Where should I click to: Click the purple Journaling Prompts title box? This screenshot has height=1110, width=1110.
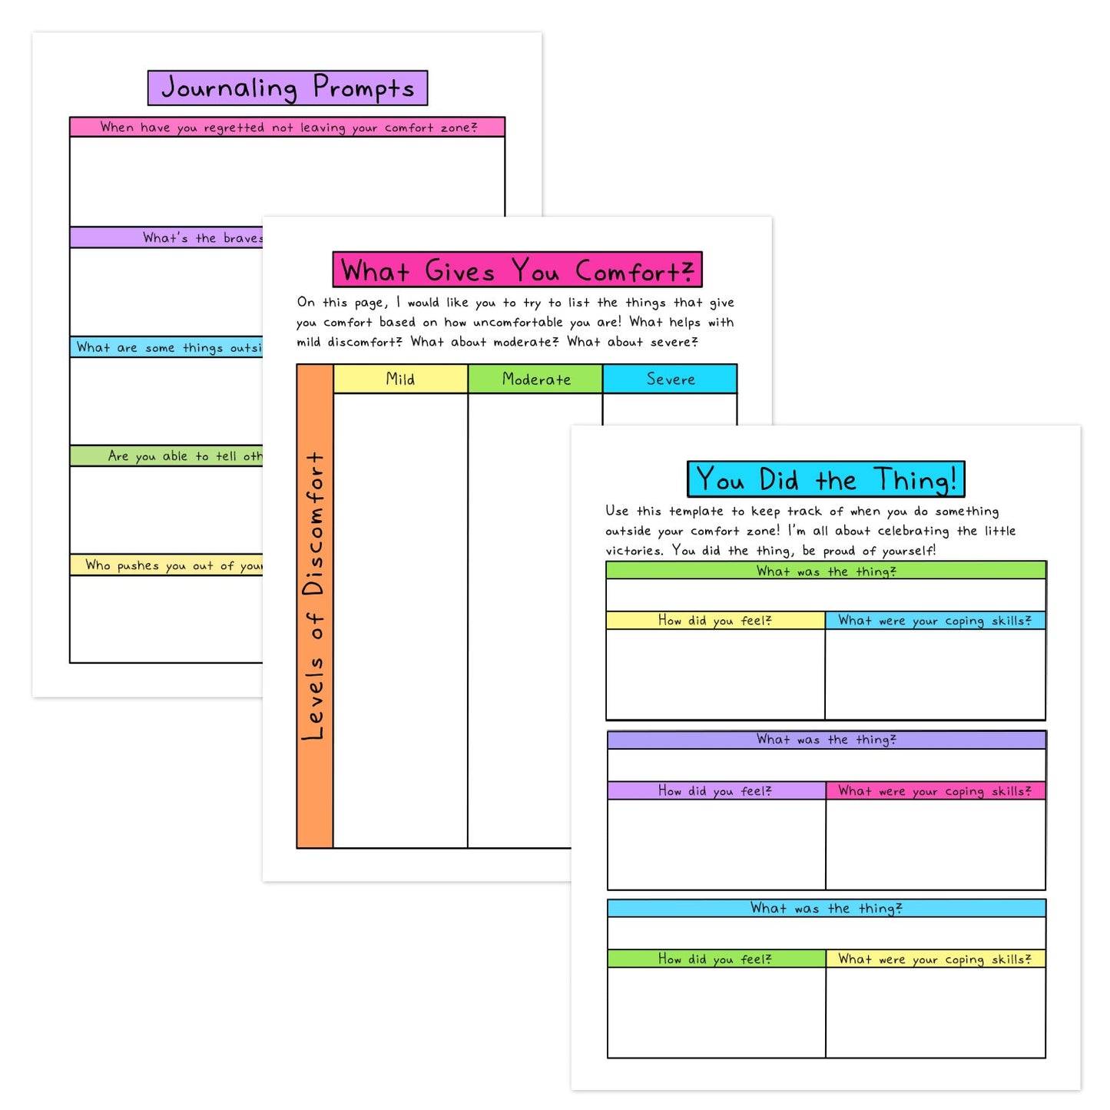(287, 88)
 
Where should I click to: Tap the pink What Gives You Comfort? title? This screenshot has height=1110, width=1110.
(517, 270)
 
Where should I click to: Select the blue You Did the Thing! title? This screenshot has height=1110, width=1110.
(826, 479)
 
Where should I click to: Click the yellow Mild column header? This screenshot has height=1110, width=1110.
(400, 379)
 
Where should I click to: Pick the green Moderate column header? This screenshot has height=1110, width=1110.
(535, 379)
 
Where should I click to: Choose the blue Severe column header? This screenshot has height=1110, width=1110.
(670, 379)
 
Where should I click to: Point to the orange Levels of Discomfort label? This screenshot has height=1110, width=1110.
(315, 599)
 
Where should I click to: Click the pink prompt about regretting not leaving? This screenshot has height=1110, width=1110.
(287, 128)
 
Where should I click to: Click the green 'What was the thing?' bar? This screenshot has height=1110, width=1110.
(826, 571)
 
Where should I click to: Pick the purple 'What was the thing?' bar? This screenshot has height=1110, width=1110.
(826, 740)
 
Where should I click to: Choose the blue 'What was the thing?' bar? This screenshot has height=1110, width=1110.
(826, 909)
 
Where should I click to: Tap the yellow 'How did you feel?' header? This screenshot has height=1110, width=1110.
(715, 621)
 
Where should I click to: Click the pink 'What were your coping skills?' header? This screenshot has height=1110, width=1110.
(935, 790)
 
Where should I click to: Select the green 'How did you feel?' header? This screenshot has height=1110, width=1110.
(715, 959)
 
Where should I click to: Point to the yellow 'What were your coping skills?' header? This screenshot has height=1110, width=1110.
(935, 959)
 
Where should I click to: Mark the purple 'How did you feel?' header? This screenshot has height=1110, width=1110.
(715, 790)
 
